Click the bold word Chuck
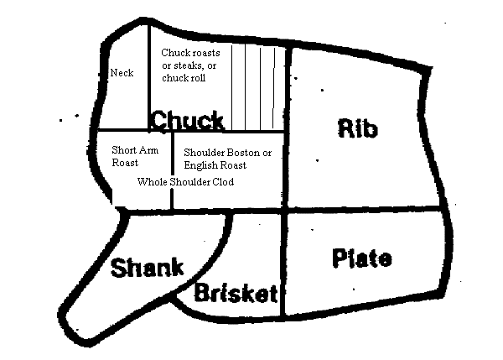click(187, 120)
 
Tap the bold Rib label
click(358, 128)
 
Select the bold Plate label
click(361, 258)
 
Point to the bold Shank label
click(147, 269)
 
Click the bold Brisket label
click(236, 293)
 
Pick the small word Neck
click(122, 73)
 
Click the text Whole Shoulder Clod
click(185, 181)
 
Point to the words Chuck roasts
click(190, 53)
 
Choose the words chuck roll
click(184, 78)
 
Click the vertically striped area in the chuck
click(258, 88)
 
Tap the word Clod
click(224, 181)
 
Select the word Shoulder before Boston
click(204, 153)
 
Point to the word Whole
click(151, 181)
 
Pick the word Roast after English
click(234, 166)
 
